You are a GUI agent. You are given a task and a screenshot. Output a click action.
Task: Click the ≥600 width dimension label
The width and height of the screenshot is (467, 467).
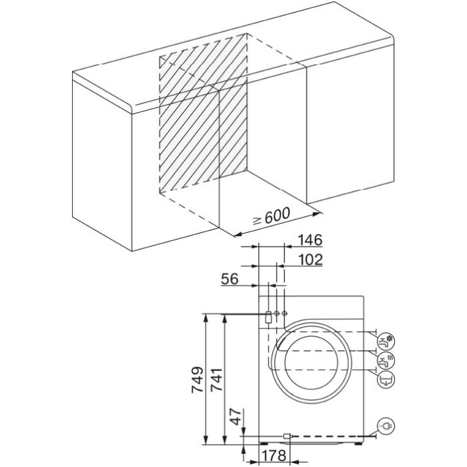[x=272, y=217]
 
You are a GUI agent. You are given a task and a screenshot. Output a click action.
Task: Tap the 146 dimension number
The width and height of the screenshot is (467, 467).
[x=310, y=240]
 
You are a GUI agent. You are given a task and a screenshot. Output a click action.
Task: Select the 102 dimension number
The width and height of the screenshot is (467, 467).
[x=310, y=260]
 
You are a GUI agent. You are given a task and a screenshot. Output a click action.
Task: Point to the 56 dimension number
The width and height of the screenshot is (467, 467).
[x=229, y=279]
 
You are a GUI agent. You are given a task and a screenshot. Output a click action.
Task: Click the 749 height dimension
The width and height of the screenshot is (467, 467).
[x=197, y=380]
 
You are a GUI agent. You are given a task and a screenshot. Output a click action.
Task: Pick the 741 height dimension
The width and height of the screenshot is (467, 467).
[x=217, y=380]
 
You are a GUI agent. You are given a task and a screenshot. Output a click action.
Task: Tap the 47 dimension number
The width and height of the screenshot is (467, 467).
[x=236, y=416]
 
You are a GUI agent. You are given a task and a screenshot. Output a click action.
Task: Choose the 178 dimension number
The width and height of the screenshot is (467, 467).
[x=274, y=455]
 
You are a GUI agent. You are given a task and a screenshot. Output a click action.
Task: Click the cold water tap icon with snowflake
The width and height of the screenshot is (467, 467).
[x=386, y=342]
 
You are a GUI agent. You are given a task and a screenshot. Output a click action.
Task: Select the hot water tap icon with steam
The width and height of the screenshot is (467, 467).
[x=386, y=361]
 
